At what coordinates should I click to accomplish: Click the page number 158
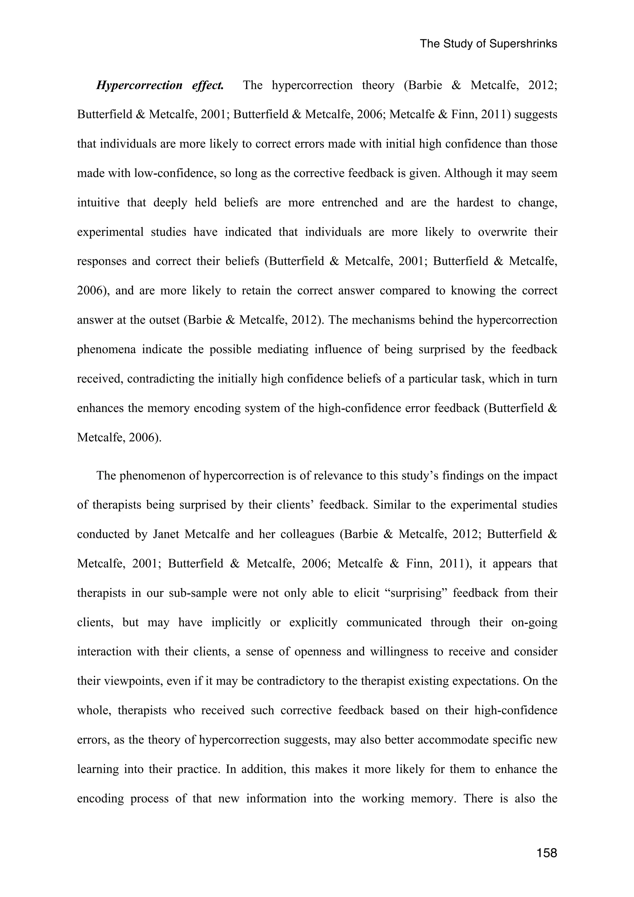(546, 853)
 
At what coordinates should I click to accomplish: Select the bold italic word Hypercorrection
(139, 85)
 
